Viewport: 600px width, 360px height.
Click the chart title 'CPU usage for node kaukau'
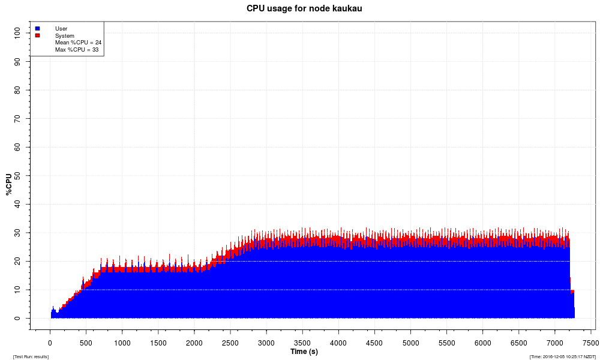point(304,8)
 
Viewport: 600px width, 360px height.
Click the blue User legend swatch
point(37,28)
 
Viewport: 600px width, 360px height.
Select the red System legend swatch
point(37,35)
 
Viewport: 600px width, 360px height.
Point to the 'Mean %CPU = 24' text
point(78,43)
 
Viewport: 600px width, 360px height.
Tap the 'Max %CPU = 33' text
point(77,50)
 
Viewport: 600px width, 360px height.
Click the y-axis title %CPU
point(8,184)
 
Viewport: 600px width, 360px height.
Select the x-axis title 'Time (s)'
point(304,352)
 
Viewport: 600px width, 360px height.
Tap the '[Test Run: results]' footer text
point(31,356)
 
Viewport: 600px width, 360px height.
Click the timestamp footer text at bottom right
point(562,356)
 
